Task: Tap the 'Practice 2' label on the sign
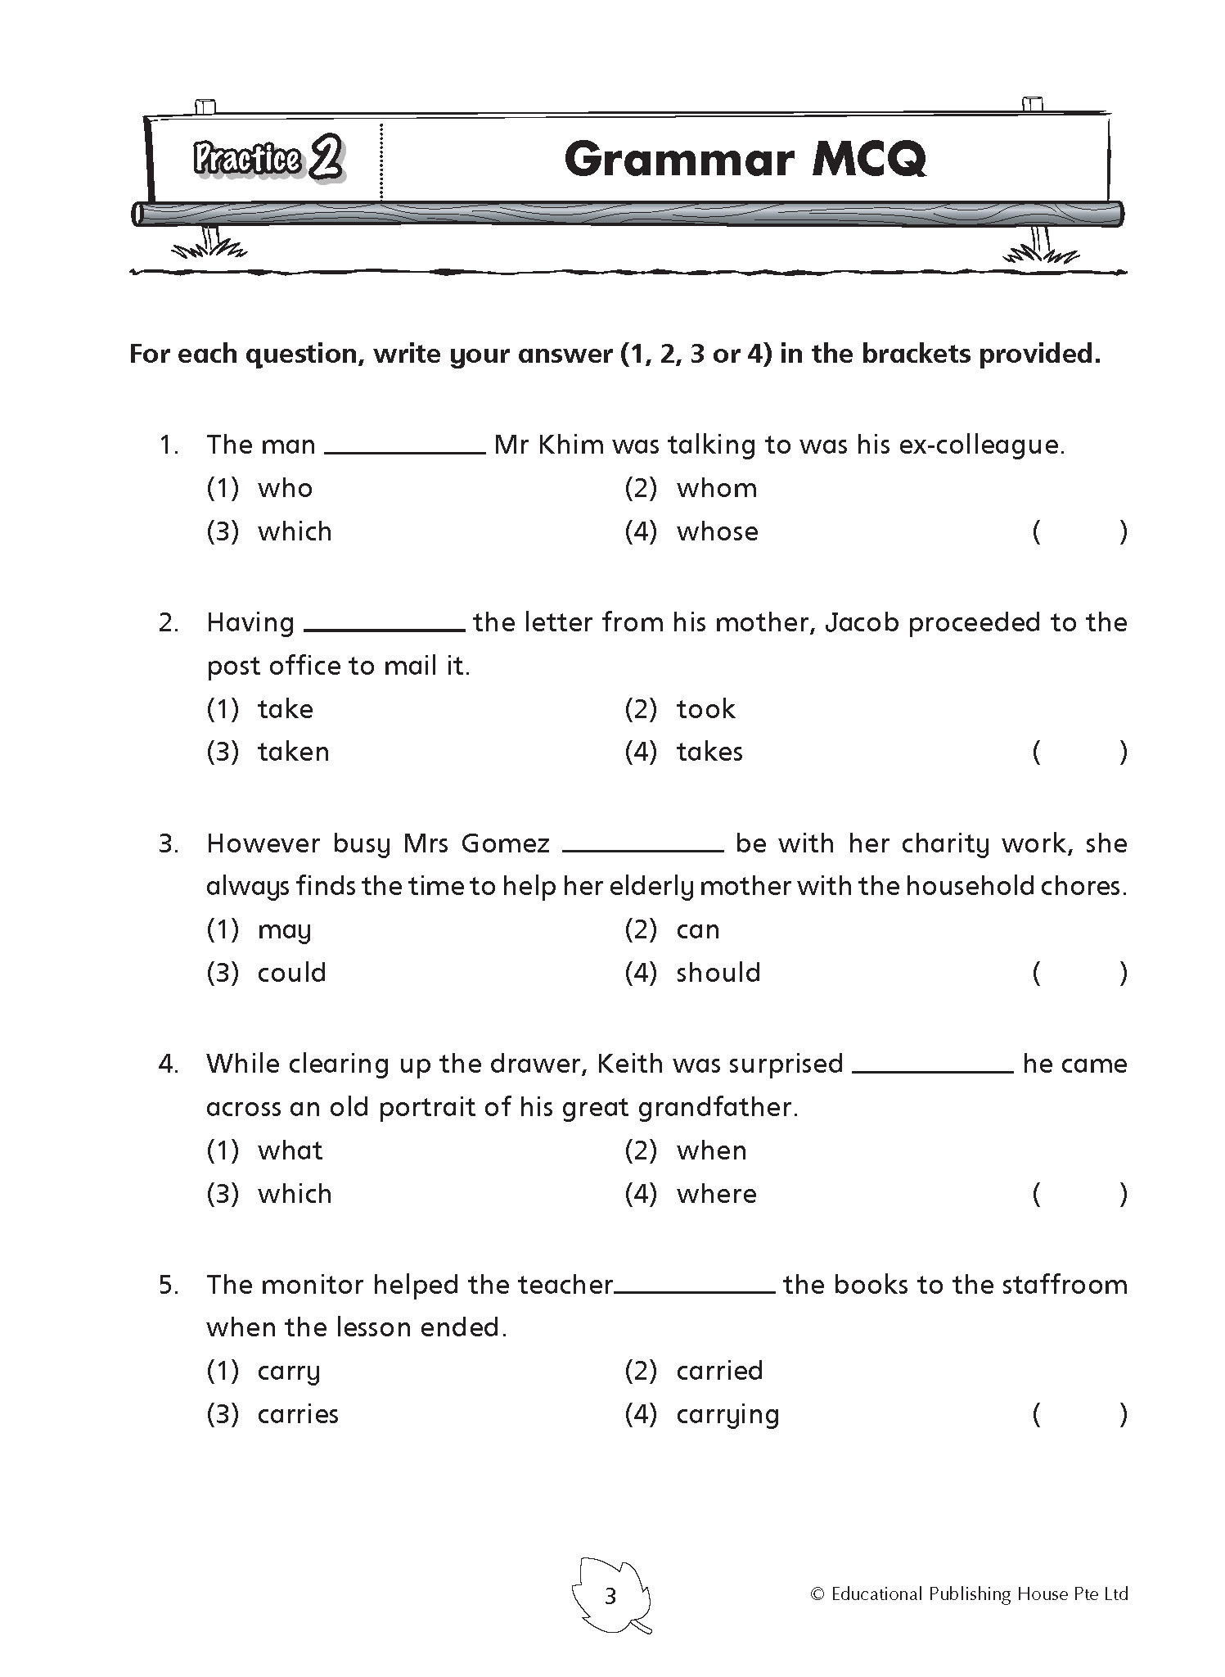[268, 157]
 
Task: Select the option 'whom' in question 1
[717, 489]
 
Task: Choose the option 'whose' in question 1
[717, 532]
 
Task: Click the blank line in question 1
[405, 450]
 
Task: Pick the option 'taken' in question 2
[293, 753]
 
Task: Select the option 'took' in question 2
[705, 709]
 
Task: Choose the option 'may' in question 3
[284, 930]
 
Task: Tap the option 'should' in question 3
[718, 974]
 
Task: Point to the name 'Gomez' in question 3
[505, 844]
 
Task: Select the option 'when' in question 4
[711, 1151]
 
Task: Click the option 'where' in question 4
[716, 1195]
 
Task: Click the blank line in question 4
[933, 1069]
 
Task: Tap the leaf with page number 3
[610, 1596]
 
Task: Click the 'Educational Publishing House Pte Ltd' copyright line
[969, 1594]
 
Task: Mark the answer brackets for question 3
[1079, 974]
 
